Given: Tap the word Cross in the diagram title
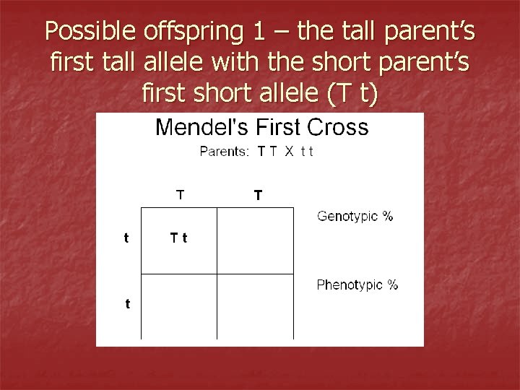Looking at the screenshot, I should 337,129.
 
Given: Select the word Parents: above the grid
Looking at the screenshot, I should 225,152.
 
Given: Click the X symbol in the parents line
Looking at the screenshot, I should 287,152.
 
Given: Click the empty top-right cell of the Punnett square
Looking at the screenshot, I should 255,240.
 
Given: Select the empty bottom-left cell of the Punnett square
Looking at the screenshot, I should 178,305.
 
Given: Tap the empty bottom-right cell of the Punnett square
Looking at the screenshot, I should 255,305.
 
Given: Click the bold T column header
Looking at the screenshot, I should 258,195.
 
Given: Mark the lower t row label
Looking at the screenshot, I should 127,304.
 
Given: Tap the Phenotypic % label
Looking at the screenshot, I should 357,285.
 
